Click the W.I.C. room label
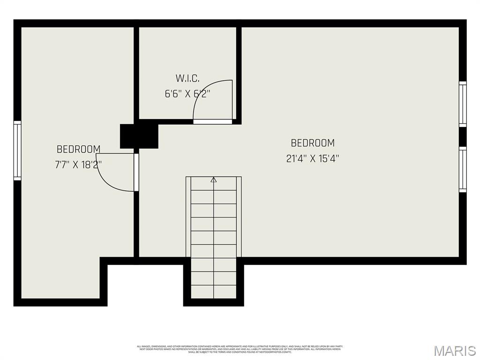click(x=187, y=78)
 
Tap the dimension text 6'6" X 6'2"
click(x=187, y=93)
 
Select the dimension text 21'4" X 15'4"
click(x=313, y=158)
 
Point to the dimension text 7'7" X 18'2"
click(x=78, y=165)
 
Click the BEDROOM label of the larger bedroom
click(x=313, y=143)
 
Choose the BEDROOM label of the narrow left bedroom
click(x=78, y=149)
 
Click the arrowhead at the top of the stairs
click(x=214, y=179)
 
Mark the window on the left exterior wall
click(x=17, y=150)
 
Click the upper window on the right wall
click(x=463, y=104)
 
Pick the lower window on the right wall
click(x=463, y=169)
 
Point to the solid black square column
click(x=139, y=136)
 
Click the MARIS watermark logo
click(x=455, y=351)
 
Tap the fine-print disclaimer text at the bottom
click(x=240, y=349)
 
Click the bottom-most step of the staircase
click(x=214, y=291)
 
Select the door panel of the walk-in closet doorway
click(x=213, y=121)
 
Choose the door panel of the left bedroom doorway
click(x=136, y=172)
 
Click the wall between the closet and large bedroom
click(x=239, y=75)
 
